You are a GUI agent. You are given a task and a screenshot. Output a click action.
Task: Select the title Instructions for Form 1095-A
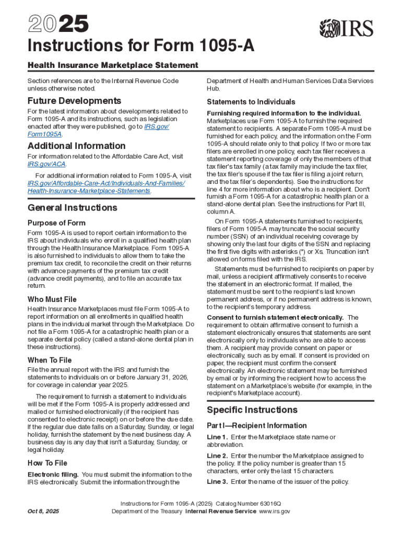(141, 47)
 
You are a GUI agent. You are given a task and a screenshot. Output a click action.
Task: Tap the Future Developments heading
(74, 101)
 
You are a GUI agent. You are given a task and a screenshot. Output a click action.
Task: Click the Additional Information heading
(76, 146)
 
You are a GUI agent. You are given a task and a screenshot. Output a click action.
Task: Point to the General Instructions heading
(73, 207)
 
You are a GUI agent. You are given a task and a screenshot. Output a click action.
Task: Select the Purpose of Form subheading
(56, 223)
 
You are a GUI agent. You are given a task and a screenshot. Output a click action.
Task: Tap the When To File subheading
(50, 360)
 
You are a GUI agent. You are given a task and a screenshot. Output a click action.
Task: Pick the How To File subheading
(47, 463)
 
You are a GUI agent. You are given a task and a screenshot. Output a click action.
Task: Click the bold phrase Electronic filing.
(53, 474)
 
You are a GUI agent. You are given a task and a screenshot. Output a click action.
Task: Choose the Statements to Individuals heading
(251, 102)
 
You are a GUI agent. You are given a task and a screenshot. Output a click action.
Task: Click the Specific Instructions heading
(252, 410)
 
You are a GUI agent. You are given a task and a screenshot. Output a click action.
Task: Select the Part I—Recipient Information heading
(257, 426)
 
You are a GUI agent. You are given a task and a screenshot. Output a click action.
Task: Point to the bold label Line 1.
(217, 437)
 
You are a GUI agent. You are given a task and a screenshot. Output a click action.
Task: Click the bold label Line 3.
(217, 482)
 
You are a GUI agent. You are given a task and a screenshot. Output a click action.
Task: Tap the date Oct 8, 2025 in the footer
(43, 511)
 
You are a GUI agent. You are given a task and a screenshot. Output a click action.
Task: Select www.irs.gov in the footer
(275, 511)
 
